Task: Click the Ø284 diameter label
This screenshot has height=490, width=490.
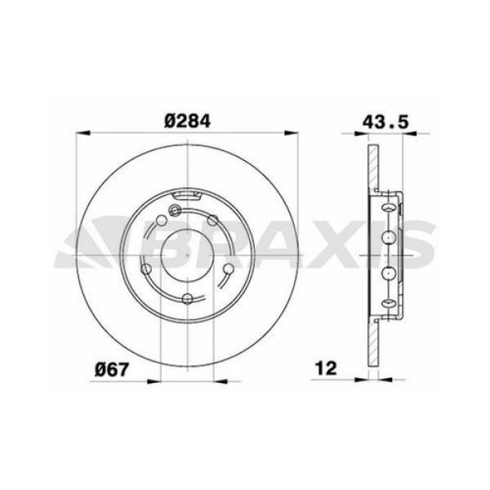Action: click(188, 120)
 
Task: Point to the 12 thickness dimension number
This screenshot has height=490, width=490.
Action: click(327, 369)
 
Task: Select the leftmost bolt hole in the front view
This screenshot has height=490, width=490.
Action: click(147, 269)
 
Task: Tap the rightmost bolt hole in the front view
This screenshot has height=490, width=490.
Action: click(229, 269)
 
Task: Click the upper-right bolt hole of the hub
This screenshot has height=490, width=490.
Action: click(214, 220)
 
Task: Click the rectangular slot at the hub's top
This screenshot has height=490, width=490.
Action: click(189, 194)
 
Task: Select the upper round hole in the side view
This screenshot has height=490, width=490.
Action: click(389, 237)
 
